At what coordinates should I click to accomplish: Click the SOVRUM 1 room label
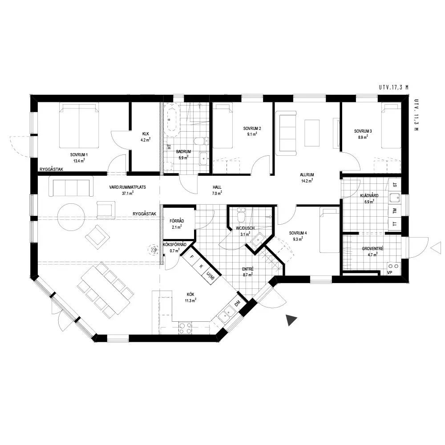[x=79, y=155]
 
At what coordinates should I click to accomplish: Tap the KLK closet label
[x=146, y=134]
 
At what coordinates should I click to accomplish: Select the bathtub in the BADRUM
[x=173, y=120]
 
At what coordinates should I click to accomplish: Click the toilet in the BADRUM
[x=201, y=141]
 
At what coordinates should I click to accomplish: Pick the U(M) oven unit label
[x=210, y=275]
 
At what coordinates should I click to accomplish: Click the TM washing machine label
[x=394, y=211]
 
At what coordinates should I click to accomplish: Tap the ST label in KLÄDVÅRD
[x=395, y=185]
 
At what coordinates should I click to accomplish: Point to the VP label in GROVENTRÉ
[x=390, y=273]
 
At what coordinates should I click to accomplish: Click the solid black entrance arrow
[x=291, y=320]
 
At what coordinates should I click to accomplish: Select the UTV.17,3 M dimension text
[x=394, y=87]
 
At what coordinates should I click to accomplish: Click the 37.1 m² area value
[x=128, y=193]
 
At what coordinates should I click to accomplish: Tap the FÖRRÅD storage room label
[x=177, y=221]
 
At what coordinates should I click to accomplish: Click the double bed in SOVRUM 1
[x=79, y=125]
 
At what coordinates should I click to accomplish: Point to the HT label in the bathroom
[x=169, y=147]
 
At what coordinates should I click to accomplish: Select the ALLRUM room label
[x=307, y=175]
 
